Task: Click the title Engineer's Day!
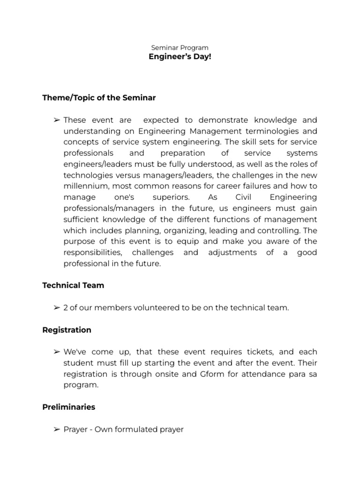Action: (180, 57)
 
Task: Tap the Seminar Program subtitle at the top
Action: (180, 47)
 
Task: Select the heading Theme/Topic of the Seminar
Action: (99, 98)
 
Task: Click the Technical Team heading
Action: (73, 285)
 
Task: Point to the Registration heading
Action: (67, 330)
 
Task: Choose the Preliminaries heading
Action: (68, 407)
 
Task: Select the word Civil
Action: (244, 197)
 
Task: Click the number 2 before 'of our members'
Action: (66, 307)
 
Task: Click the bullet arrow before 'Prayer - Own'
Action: (56, 429)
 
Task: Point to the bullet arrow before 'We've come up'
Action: (56, 352)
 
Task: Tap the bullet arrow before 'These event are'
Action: (56, 120)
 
